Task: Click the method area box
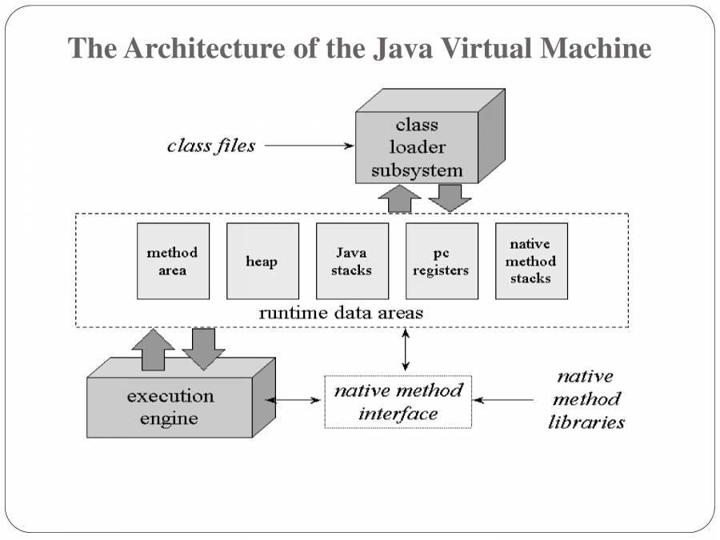(x=172, y=261)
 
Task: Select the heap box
(x=262, y=261)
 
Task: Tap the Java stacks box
(x=352, y=261)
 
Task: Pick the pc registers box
(x=442, y=261)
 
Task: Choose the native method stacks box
(x=531, y=261)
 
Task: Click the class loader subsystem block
(x=417, y=148)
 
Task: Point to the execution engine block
(x=170, y=407)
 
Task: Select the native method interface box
(x=398, y=402)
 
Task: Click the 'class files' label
(x=211, y=146)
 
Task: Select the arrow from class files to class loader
(x=308, y=146)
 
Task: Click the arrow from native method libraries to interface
(x=504, y=399)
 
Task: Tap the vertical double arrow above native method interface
(x=406, y=350)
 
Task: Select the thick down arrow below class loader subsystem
(x=450, y=198)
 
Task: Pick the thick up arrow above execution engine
(x=153, y=350)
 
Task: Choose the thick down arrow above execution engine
(x=203, y=348)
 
